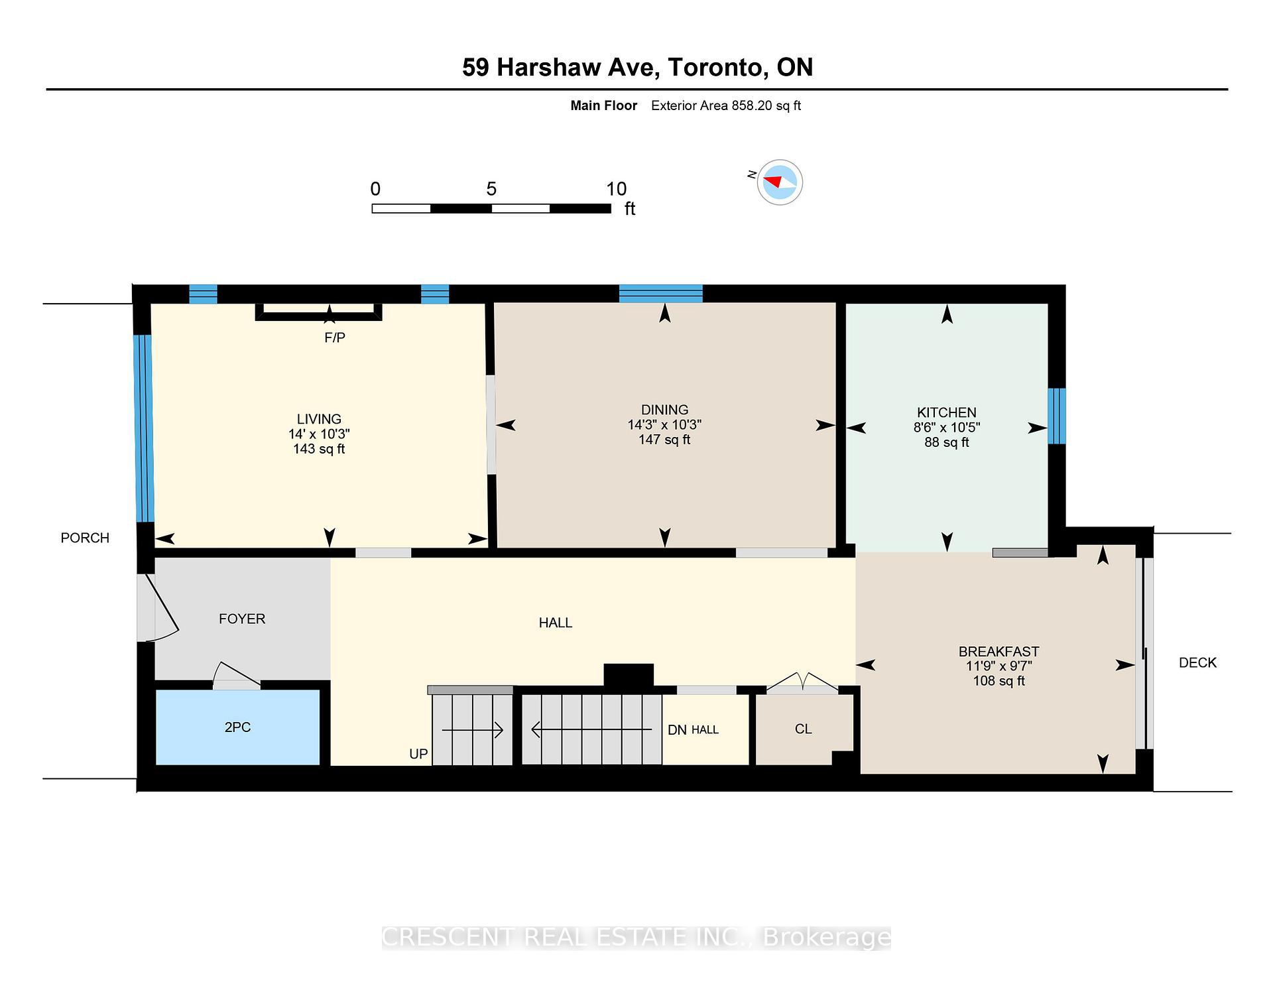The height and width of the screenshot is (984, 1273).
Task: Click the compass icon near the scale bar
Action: tap(780, 182)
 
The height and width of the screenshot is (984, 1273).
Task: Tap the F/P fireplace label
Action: tap(335, 338)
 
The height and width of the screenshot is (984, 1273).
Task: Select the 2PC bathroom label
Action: tap(237, 727)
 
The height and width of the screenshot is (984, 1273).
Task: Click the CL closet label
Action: tap(803, 729)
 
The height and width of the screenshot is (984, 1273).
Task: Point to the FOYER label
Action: tap(242, 619)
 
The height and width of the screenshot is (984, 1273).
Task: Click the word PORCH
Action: tap(85, 538)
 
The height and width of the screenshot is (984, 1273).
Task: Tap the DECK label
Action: tap(1197, 662)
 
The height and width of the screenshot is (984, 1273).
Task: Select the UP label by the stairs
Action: tap(418, 754)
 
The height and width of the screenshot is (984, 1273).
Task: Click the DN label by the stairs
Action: tap(677, 730)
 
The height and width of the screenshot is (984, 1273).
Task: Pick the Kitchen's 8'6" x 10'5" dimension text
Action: tap(947, 428)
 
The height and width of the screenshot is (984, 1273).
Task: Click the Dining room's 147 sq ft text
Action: tap(664, 440)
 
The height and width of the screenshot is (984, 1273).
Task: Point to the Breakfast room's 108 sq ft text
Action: tap(999, 681)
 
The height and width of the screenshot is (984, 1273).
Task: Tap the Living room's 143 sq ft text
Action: tap(319, 449)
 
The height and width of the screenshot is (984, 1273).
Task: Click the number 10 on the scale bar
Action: tap(616, 189)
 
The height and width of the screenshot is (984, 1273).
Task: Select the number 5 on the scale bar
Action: tap(491, 189)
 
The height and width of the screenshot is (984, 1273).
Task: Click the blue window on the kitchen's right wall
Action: tap(1057, 416)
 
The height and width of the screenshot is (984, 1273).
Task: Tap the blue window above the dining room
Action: tap(661, 293)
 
